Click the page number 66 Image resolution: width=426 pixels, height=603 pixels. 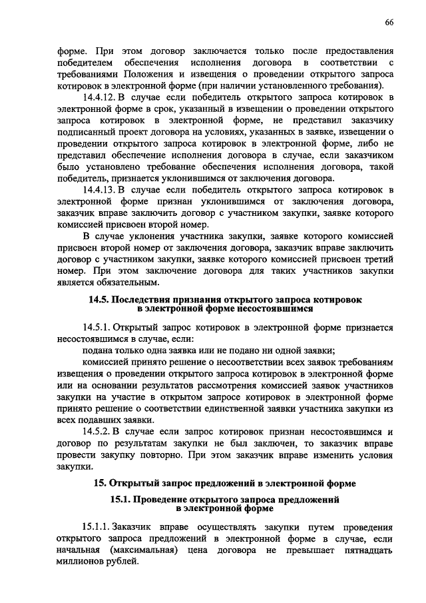(389, 23)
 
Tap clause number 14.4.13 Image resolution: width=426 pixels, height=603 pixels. (101, 191)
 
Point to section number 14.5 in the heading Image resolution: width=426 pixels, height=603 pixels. (99, 300)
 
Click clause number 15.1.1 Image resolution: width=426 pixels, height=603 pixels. (98, 526)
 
